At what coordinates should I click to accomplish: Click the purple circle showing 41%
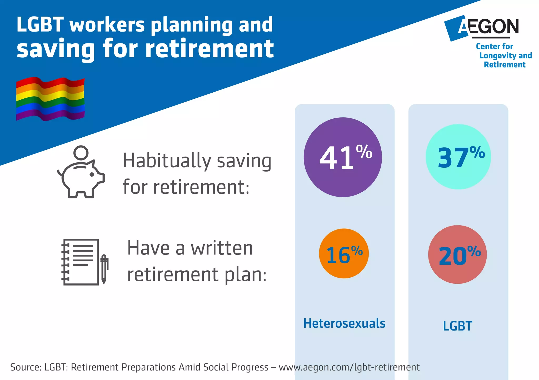coord(343,157)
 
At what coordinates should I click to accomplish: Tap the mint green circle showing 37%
coord(458,157)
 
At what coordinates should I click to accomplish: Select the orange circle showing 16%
coord(344,253)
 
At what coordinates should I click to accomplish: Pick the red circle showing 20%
coord(457,254)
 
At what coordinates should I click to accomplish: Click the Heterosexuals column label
coord(344,323)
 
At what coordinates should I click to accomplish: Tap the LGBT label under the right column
coord(457,326)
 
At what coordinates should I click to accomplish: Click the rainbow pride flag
coord(50,99)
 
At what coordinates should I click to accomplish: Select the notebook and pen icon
coord(84,262)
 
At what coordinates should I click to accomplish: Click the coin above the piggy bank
coord(81,152)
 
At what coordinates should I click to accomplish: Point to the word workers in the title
coord(107,25)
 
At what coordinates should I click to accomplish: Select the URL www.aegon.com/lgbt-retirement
coord(349,367)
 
